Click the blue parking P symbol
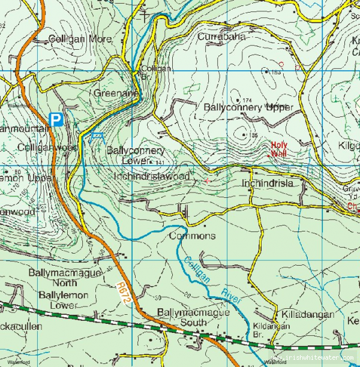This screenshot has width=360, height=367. coord(56,120)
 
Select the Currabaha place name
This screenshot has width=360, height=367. coord(221,37)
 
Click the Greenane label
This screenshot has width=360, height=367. coord(116,94)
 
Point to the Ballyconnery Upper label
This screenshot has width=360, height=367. coord(248,107)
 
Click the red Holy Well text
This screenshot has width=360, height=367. coord(279,149)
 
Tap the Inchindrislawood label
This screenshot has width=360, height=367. coord(152,176)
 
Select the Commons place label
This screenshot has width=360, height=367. coord(192,236)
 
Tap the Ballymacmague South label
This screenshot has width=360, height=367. coord(182,317)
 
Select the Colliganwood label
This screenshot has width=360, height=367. coord(47,147)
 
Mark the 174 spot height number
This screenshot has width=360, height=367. coord(248,100)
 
